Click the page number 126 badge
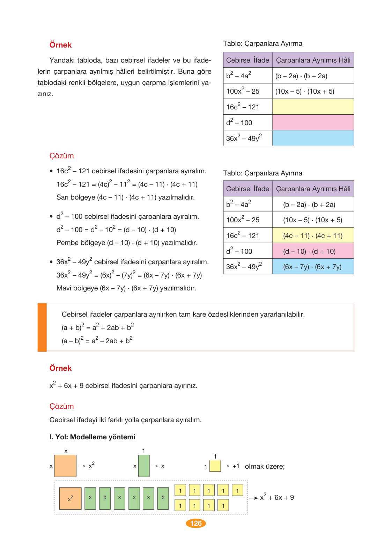pyautogui.click(x=196, y=523)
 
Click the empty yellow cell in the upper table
pyautogui.click(x=313, y=107)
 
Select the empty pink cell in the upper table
pyautogui.click(x=313, y=122)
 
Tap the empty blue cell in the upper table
pyautogui.click(x=313, y=138)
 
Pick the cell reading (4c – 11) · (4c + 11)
pyautogui.click(x=313, y=236)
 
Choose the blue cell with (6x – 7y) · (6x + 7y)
pyautogui.click(x=313, y=267)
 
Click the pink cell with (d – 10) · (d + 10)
pyautogui.click(x=313, y=251)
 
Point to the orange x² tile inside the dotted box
pyautogui.click(x=71, y=498)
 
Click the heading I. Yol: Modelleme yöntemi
pyautogui.click(x=93, y=437)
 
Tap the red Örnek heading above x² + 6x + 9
pyautogui.click(x=60, y=368)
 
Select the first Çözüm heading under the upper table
pyautogui.click(x=62, y=156)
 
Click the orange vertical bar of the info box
pyautogui.click(x=42, y=327)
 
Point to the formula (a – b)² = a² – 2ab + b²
pyautogui.click(x=97, y=340)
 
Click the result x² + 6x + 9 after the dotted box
pyautogui.click(x=277, y=497)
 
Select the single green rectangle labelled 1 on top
pyautogui.click(x=144, y=466)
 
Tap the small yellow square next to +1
pyautogui.click(x=215, y=466)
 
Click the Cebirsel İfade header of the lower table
pyautogui.click(x=247, y=189)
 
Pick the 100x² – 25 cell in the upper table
pyautogui.click(x=247, y=91)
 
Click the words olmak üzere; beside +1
pyautogui.click(x=265, y=467)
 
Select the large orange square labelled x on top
pyautogui.click(x=65, y=466)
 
